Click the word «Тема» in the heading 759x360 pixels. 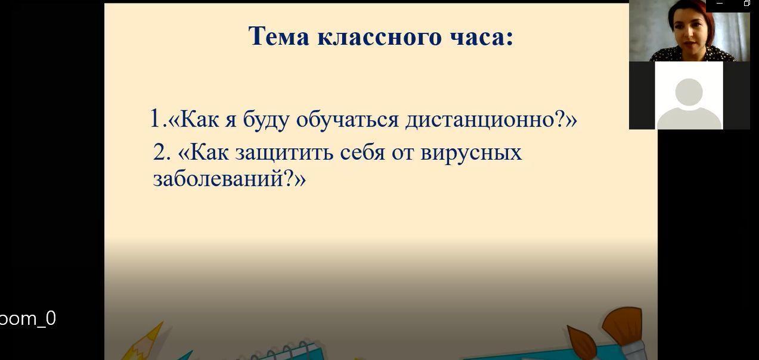[x=278, y=36]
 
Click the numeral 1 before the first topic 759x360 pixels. [x=156, y=118]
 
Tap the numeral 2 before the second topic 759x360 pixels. [x=159, y=152]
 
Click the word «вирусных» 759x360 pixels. [x=471, y=153]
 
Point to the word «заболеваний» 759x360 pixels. [x=218, y=178]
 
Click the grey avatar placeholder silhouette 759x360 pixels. [x=689, y=104]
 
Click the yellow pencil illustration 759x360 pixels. [x=142, y=342]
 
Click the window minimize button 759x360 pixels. [x=720, y=4]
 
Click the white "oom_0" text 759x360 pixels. [x=28, y=319]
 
